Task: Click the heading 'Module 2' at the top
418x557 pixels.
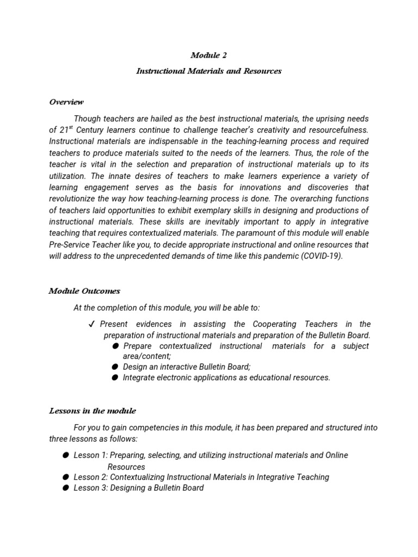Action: pyautogui.click(x=208, y=55)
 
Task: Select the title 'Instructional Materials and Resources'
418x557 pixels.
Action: pyautogui.click(x=208, y=71)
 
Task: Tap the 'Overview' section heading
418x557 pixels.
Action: pyautogui.click(x=66, y=102)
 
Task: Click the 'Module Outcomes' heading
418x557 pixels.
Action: pyautogui.click(x=84, y=291)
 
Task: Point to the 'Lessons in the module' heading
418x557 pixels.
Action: pyautogui.click(x=93, y=411)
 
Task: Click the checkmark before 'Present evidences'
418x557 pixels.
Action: pyautogui.click(x=91, y=324)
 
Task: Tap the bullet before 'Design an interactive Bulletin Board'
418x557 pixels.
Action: pyautogui.click(x=115, y=367)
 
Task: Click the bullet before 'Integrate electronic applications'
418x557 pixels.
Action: pyautogui.click(x=115, y=378)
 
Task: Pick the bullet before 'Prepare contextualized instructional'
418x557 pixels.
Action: pyautogui.click(x=115, y=346)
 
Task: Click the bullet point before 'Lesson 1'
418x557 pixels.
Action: pyautogui.click(x=65, y=455)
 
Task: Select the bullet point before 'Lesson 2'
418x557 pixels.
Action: pyautogui.click(x=65, y=477)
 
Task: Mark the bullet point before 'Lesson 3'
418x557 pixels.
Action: pyautogui.click(x=65, y=488)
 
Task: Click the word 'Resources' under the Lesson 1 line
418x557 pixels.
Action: pyautogui.click(x=126, y=467)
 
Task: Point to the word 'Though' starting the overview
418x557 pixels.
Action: pyautogui.click(x=87, y=119)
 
